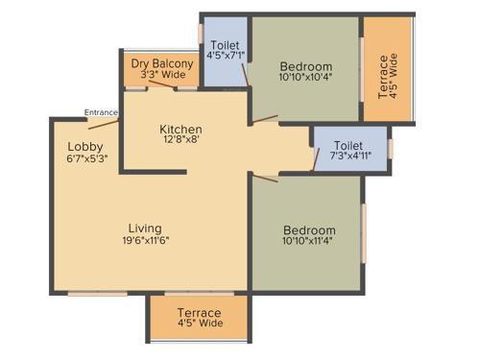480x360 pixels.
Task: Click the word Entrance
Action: coord(101,112)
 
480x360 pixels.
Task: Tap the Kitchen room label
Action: coord(180,130)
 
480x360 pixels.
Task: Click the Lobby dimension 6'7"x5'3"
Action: coord(85,159)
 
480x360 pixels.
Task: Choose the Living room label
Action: coord(146,228)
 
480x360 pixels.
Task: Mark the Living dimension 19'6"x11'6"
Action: coord(146,240)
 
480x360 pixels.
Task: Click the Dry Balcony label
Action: coord(162,63)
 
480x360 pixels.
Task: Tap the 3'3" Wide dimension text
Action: coord(162,75)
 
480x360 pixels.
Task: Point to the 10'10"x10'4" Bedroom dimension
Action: coord(304,76)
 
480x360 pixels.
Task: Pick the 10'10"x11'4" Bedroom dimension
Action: coord(308,243)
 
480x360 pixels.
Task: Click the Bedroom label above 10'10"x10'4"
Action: coord(305,64)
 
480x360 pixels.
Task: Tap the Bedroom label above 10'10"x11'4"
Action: coord(309,230)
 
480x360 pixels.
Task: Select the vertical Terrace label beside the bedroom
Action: coord(385,78)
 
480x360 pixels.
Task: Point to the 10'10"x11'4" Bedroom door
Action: coord(264,179)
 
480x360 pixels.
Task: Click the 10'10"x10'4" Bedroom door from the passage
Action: coord(265,119)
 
